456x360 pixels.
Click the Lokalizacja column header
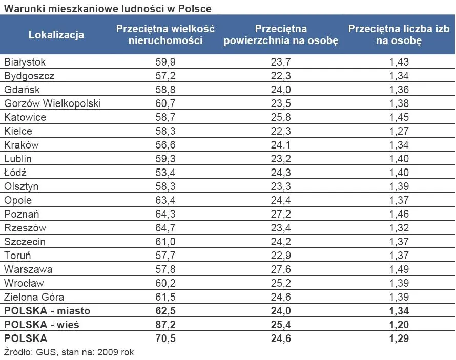(x=56, y=35)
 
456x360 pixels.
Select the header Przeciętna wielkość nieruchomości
(x=165, y=35)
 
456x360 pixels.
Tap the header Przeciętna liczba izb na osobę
(x=399, y=35)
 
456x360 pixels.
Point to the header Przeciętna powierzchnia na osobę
(x=281, y=35)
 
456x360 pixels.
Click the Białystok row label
(x=25, y=62)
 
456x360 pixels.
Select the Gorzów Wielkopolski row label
(x=52, y=103)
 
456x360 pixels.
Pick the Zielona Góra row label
(x=34, y=297)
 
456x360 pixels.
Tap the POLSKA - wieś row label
(x=42, y=325)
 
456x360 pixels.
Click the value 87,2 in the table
(x=165, y=325)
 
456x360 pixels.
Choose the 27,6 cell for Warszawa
(x=281, y=269)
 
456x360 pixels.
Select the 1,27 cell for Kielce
(x=399, y=131)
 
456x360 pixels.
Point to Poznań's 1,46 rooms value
(x=399, y=214)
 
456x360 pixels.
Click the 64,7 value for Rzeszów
(x=165, y=228)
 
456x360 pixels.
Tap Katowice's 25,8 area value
(x=281, y=117)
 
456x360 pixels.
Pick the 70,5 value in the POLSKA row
(x=165, y=338)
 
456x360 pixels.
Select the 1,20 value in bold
(x=399, y=325)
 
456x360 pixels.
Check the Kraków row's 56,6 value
(x=165, y=145)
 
